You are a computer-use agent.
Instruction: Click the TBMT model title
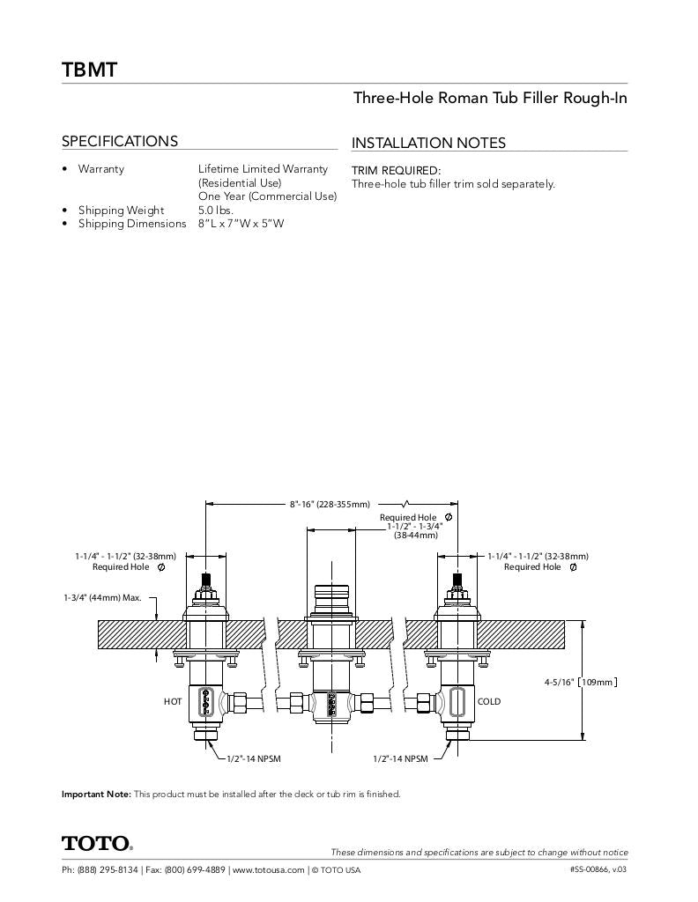point(89,70)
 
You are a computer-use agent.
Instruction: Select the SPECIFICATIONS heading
point(119,141)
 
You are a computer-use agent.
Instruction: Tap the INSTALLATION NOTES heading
point(428,143)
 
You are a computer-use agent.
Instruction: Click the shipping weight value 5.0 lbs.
point(215,210)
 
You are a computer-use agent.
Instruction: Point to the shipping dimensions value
point(241,224)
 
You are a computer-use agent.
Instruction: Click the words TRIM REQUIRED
point(396,170)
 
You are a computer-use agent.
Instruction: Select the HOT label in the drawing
point(173,702)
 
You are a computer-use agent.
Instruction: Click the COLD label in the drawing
point(488,702)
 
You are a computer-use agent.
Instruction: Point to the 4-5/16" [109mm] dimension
point(580,681)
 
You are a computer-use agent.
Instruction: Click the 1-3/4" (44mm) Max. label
point(102,597)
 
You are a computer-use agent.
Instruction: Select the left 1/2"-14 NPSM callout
point(254,758)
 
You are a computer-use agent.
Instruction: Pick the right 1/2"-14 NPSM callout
point(400,758)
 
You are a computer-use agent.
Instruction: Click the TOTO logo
point(97,844)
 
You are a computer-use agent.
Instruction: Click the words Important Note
point(96,794)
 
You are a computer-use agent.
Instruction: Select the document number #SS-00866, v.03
point(598,870)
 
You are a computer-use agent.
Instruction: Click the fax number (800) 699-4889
point(194,870)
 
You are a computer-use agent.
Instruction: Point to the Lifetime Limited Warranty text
point(263,168)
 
